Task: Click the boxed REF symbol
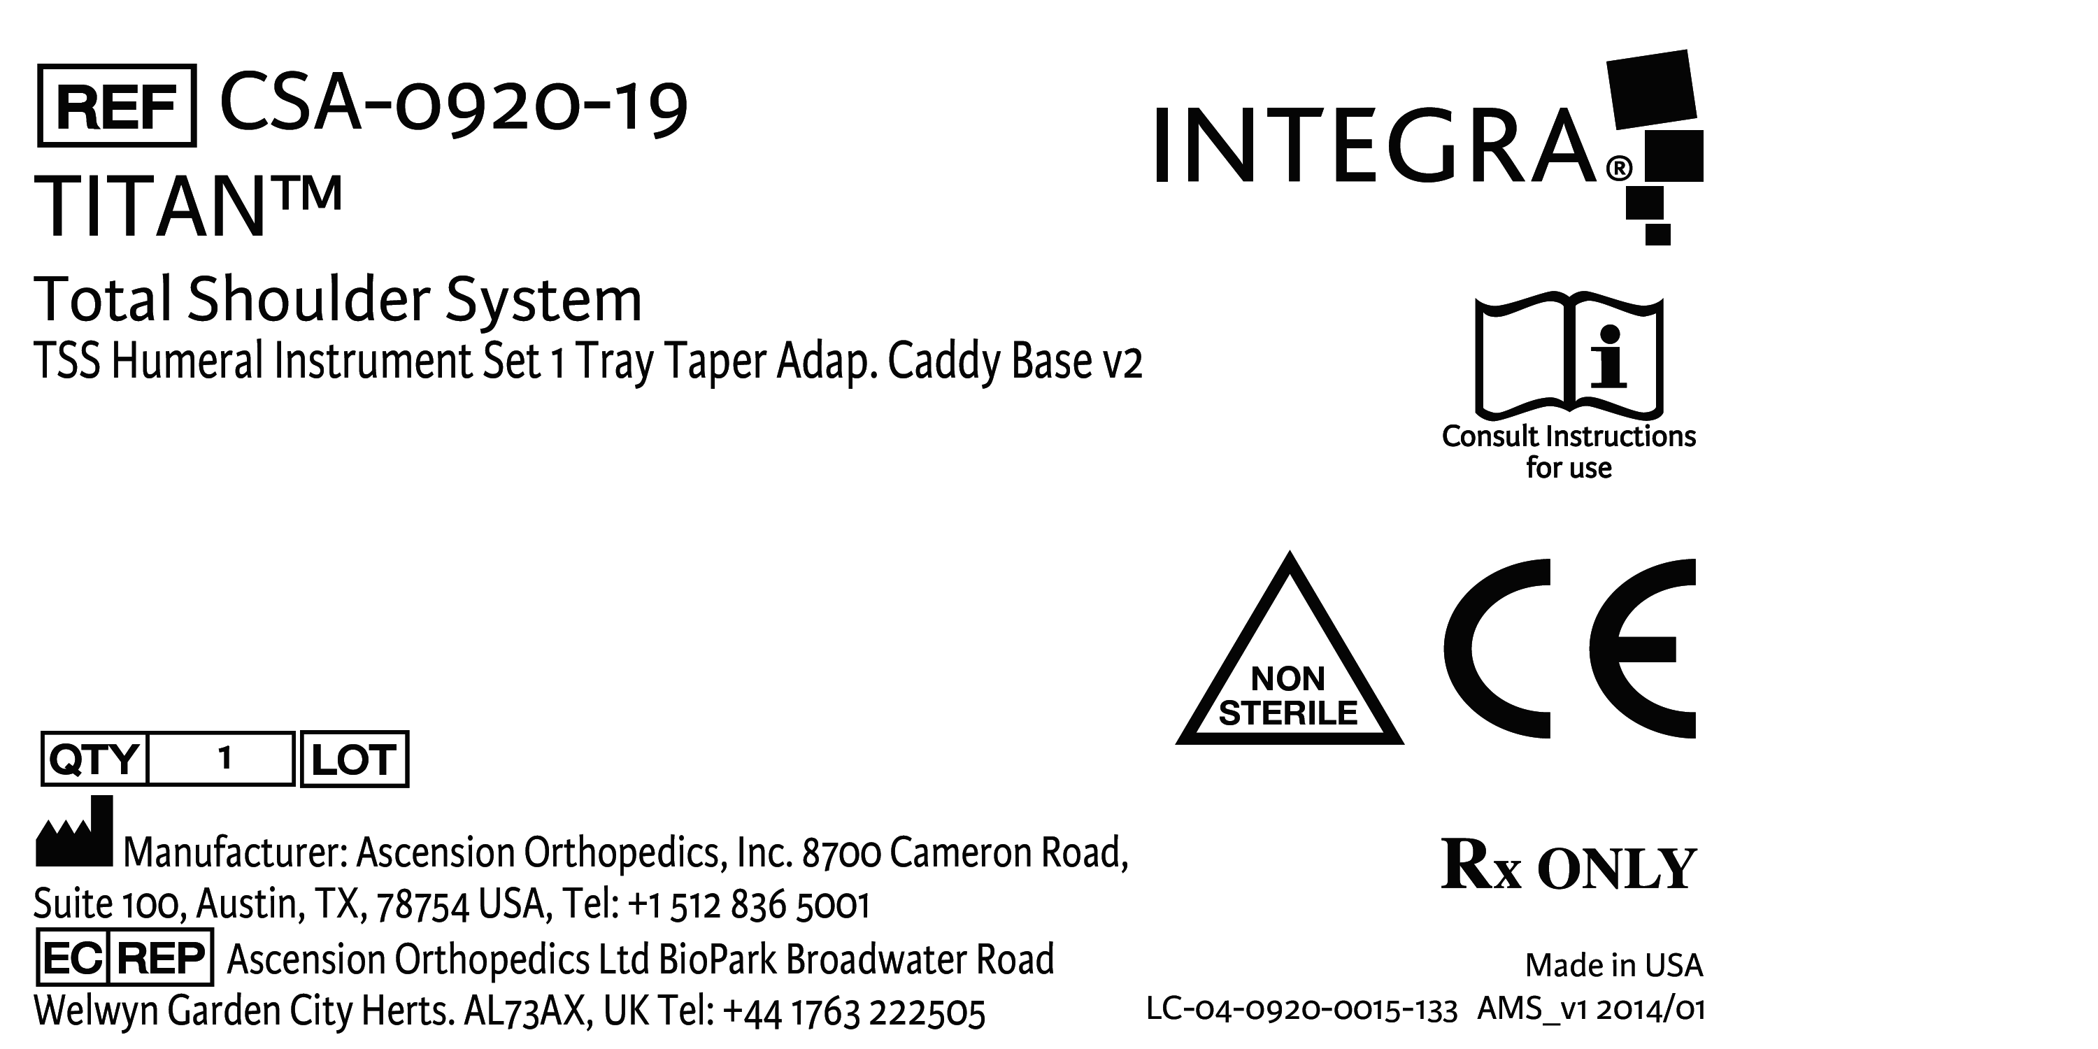117,106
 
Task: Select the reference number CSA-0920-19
454,106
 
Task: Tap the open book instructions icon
1569,355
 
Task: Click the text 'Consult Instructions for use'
1569,452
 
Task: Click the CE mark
1569,648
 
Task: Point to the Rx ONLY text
1569,865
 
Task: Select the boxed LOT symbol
355,759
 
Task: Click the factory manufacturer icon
74,832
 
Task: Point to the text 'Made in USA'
1613,965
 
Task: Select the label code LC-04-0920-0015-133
1301,1010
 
